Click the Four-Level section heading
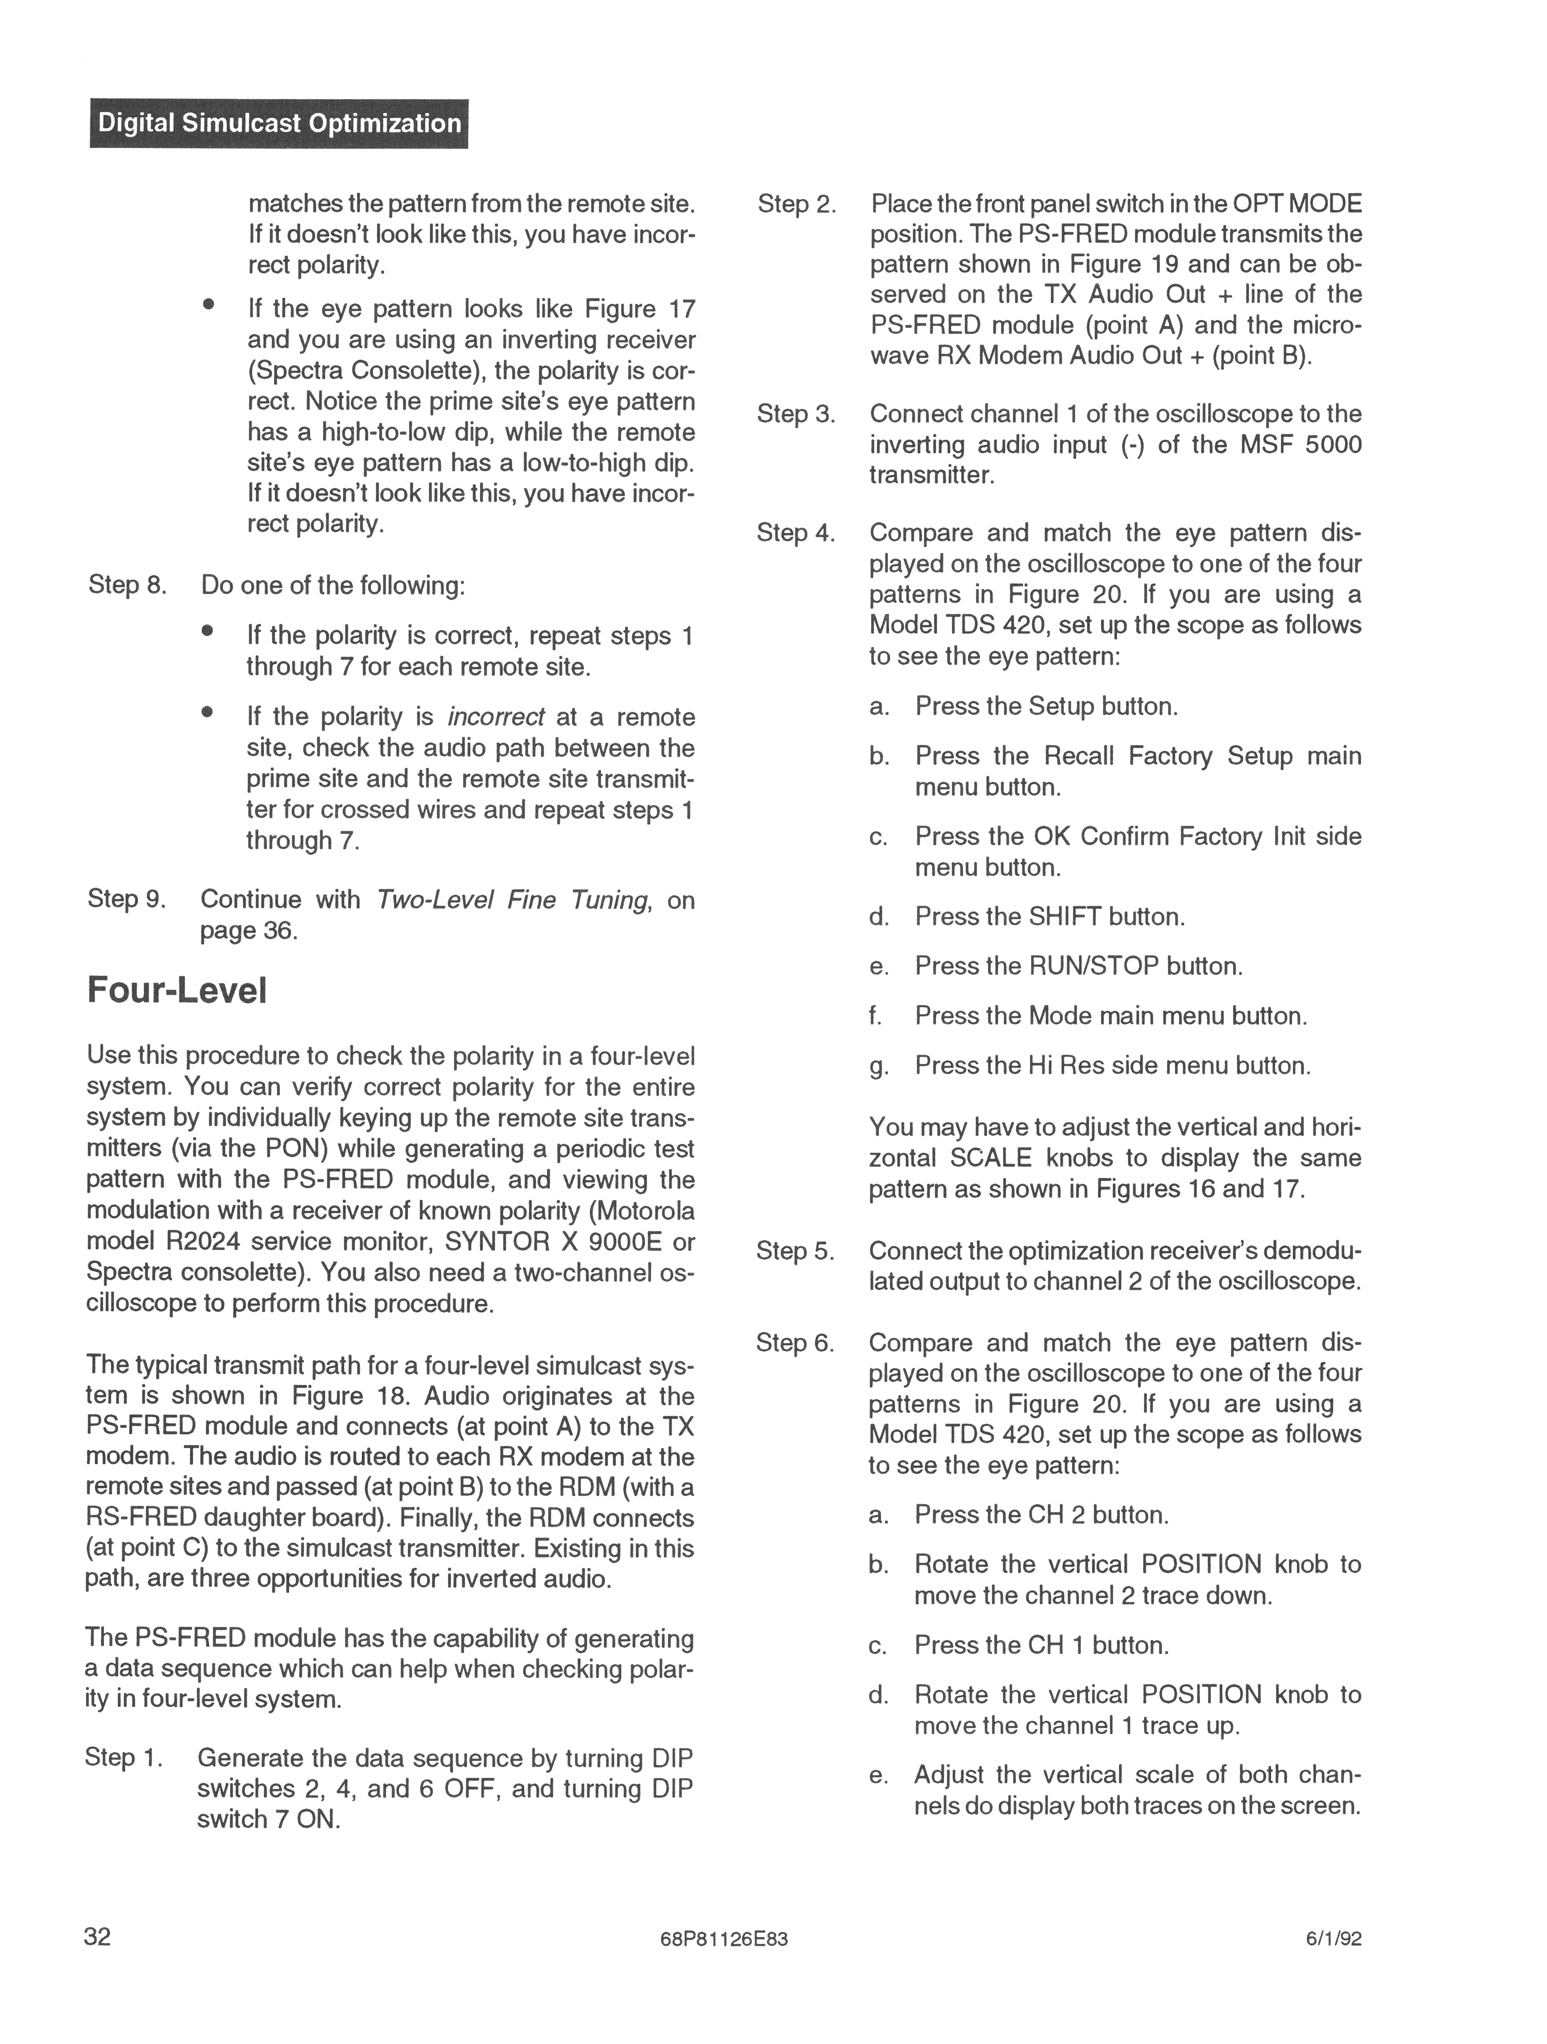(x=176, y=991)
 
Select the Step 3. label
(x=796, y=414)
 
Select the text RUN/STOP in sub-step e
(x=1093, y=966)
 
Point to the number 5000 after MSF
(x=1333, y=445)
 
